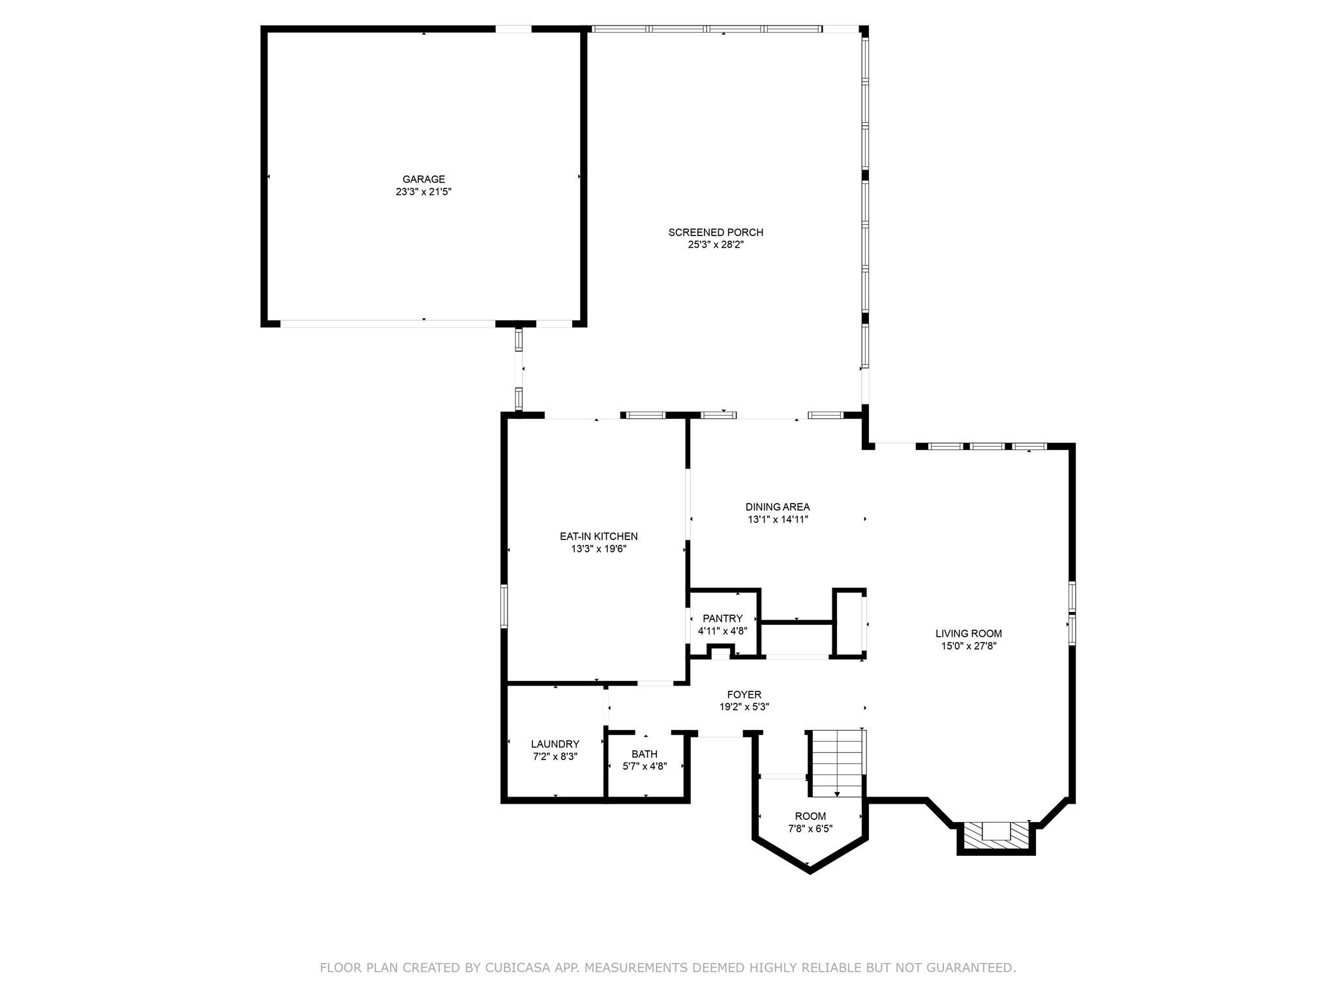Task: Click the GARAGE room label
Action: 423,179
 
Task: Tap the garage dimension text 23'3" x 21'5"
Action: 423,192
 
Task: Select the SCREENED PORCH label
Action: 715,232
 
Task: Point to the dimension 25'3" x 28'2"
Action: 715,245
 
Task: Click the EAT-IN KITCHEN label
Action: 598,536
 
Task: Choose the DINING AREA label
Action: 778,507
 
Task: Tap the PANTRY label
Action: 722,618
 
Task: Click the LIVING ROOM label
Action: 968,633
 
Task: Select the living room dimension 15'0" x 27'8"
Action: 968,646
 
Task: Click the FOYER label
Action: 744,695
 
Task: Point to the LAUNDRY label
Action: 554,744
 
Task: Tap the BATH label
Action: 644,754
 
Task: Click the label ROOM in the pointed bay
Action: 810,816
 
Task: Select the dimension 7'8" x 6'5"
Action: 810,829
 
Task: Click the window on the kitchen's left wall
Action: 504,607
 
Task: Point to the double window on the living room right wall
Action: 1072,613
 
